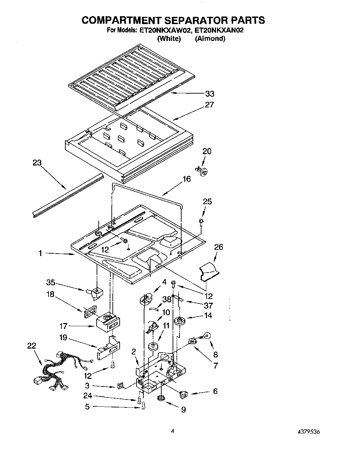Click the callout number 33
[209, 94]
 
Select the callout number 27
[209, 105]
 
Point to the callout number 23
[37, 163]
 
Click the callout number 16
[187, 179]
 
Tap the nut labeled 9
[160, 398]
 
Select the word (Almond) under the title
[210, 39]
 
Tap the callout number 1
[40, 254]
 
